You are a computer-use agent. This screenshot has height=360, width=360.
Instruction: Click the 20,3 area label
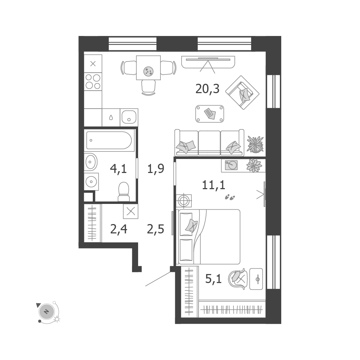click(207, 89)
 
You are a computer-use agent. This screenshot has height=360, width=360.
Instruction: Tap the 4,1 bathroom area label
click(118, 169)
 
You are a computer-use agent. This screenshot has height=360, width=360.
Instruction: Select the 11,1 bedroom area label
click(214, 185)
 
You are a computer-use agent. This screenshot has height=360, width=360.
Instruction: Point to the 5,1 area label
click(213, 279)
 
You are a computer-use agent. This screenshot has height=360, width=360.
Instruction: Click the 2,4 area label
click(119, 229)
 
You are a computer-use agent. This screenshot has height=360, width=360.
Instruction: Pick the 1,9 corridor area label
click(156, 169)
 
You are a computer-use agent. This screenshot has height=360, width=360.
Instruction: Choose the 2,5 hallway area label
click(155, 229)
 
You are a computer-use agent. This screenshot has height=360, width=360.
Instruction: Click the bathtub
click(109, 140)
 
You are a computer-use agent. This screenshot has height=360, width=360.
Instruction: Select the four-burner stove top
click(93, 82)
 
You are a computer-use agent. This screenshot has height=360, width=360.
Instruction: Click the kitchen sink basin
click(129, 117)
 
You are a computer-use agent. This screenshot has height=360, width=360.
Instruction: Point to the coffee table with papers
click(210, 114)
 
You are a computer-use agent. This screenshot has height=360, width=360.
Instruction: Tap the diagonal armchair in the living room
click(242, 92)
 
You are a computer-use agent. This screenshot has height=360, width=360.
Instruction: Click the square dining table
click(148, 68)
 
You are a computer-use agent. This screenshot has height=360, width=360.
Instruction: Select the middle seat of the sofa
click(209, 143)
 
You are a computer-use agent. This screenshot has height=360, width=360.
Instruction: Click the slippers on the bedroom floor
click(230, 197)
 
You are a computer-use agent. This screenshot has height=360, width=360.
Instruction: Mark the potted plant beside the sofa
click(255, 144)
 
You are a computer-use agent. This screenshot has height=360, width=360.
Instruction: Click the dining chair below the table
click(148, 87)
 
